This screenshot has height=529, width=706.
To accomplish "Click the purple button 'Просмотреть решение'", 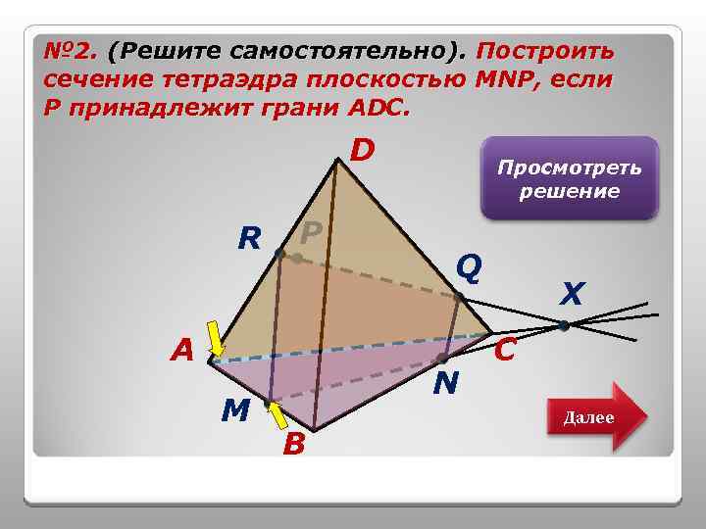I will tap(569, 178).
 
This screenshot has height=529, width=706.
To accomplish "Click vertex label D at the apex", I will tap(363, 151).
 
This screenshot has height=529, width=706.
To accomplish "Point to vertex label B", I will tap(292, 446).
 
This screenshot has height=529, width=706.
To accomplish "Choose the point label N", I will tap(446, 382).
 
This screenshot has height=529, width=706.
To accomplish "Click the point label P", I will tap(312, 233).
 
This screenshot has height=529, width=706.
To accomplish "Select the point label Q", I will tap(470, 265).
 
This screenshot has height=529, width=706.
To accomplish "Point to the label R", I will tap(249, 238).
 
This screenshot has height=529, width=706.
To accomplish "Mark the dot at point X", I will tap(564, 325).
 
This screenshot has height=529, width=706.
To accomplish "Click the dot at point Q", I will tap(458, 296).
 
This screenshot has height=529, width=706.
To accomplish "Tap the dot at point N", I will tap(442, 359).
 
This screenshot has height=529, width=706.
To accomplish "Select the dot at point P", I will tap(297, 259).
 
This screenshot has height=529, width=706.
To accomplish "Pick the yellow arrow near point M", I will tap(278, 416).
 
